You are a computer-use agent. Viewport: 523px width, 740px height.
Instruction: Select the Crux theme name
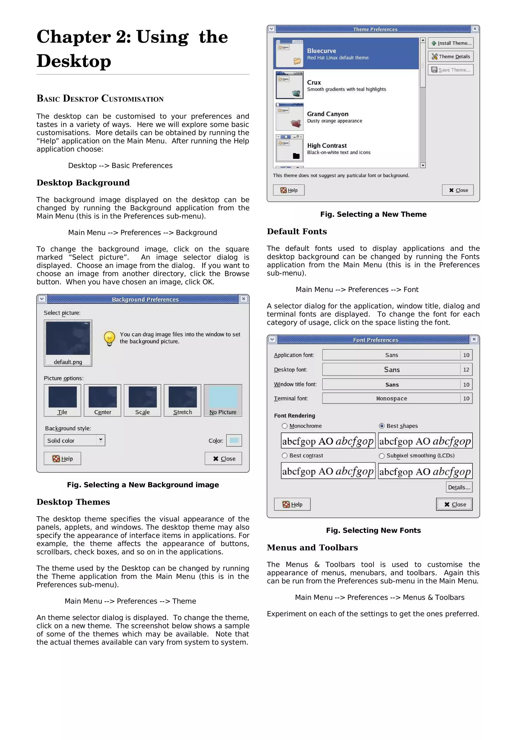[x=314, y=82]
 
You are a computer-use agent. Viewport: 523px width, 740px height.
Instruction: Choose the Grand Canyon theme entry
[x=327, y=114]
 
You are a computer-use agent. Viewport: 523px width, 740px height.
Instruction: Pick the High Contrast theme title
[x=327, y=146]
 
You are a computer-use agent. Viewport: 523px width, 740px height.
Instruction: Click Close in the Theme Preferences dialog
[x=458, y=190]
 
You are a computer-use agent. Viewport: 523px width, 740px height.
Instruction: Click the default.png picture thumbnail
[x=68, y=343]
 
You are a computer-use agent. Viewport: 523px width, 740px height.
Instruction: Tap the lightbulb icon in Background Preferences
[x=109, y=338]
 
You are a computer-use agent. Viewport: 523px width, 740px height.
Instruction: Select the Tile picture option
[x=63, y=400]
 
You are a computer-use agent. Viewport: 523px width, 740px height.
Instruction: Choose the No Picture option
[x=223, y=400]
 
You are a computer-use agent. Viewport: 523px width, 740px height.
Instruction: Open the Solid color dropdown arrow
[x=101, y=440]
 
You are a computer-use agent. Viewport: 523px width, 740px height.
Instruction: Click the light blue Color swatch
[x=234, y=440]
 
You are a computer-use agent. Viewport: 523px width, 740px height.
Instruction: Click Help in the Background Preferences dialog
[x=63, y=459]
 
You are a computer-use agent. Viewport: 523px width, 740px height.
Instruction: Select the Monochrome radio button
[x=284, y=426]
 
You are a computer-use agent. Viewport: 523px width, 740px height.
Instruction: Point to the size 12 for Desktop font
[x=466, y=370]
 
